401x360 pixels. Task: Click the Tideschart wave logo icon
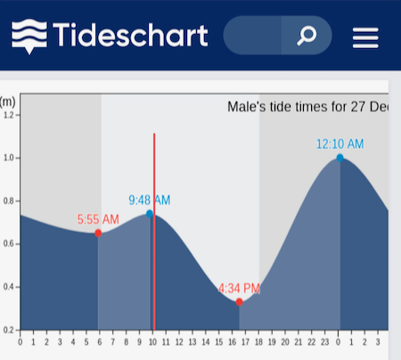(29, 37)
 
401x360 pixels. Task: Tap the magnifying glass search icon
(307, 36)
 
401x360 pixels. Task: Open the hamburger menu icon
(365, 37)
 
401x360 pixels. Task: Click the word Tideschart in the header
(130, 35)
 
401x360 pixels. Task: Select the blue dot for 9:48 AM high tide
(150, 214)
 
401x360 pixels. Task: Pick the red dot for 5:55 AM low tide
(98, 233)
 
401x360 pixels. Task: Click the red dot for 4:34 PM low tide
(239, 302)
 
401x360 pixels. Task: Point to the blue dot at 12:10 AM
(340, 158)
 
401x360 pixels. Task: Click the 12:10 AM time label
(340, 144)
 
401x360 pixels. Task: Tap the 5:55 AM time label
(98, 219)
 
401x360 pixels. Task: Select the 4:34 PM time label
(239, 289)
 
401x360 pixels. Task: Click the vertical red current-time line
(154, 232)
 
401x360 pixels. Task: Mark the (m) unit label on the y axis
(7, 102)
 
